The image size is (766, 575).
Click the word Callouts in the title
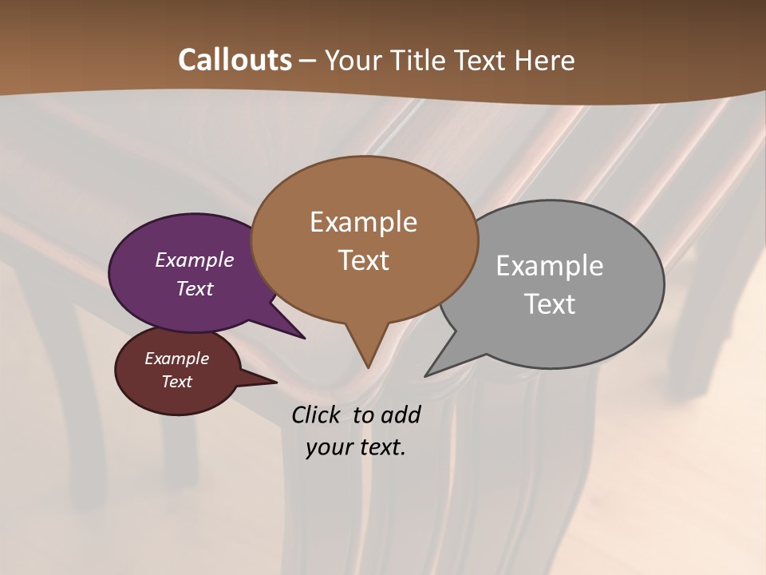tap(235, 60)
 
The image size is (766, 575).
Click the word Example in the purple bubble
tap(195, 260)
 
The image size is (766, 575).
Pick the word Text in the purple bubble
tap(195, 288)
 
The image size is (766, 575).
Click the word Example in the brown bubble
tap(364, 222)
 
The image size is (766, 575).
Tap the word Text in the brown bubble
tap(364, 260)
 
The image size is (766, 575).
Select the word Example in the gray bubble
tap(550, 266)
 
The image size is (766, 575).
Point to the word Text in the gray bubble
tap(550, 304)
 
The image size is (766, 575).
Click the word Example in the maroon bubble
tap(177, 359)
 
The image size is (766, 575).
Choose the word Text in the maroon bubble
tap(177, 382)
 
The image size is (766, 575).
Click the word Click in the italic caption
tap(316, 414)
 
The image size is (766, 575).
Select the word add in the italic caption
tap(401, 414)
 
